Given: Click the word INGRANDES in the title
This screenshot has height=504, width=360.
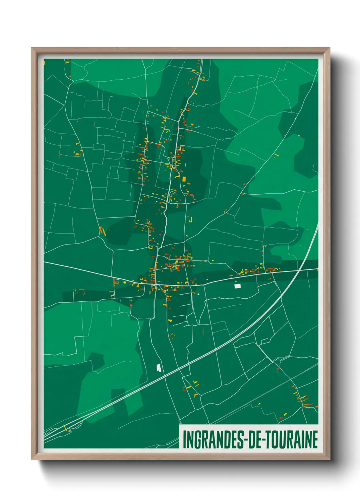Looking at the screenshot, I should pos(213,440).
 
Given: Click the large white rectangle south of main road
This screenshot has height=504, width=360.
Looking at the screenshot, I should pos(238,286).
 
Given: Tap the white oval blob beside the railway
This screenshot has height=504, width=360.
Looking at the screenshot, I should pos(159,367).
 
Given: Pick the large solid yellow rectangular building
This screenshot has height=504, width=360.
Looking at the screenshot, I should pos(184,179).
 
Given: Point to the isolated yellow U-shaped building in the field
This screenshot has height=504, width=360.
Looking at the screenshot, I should pos(191,220).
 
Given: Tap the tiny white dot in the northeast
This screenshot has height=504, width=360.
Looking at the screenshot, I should pos(299,136).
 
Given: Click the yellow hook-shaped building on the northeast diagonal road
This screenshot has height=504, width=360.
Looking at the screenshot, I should pos(276,156).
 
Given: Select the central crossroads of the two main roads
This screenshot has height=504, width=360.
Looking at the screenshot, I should pos(156,284).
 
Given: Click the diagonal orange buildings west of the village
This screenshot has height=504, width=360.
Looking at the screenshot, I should pos(102,231).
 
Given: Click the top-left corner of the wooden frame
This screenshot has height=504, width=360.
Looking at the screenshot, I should pos(32,48).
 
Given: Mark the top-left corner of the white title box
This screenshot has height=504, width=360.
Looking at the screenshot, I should pos(179,425).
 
